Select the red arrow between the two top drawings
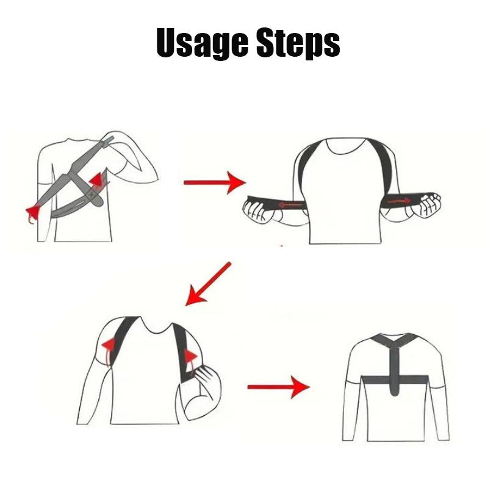click(213, 182)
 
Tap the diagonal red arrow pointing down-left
click(208, 284)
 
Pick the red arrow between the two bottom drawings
click(278, 386)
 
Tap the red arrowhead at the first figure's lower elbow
click(32, 213)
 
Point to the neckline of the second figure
click(341, 146)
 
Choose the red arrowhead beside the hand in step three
click(190, 357)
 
